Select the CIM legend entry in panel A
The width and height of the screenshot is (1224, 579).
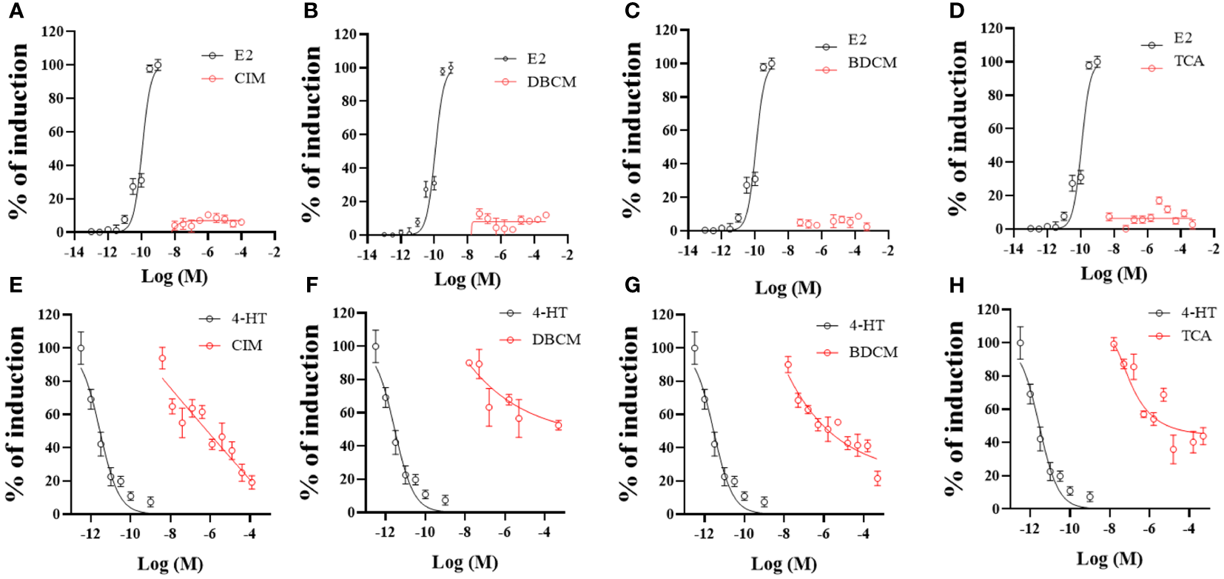[249, 78]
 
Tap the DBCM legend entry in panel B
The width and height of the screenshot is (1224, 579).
[551, 82]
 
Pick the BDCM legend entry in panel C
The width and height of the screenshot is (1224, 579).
[872, 63]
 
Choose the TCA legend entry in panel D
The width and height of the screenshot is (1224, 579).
[1188, 61]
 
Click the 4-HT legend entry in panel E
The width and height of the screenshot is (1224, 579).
[249, 319]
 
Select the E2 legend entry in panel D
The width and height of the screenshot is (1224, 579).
[1183, 39]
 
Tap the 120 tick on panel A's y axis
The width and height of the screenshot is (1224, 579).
[52, 32]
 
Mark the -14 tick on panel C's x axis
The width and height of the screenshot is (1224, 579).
[688, 251]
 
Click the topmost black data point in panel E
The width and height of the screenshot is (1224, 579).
[81, 348]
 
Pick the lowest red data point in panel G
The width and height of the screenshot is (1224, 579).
[878, 479]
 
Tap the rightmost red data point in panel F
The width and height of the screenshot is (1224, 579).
[558, 426]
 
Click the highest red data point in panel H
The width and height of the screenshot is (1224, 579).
[1114, 344]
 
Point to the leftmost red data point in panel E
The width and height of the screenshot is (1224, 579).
[162, 358]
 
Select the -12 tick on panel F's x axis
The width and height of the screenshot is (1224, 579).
[384, 532]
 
